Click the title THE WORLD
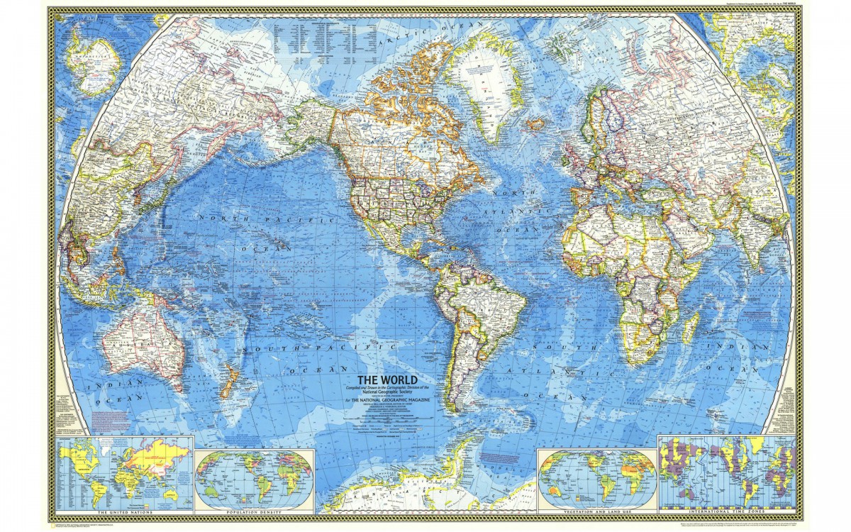(386, 379)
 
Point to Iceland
(537, 124)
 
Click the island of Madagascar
(690, 328)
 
